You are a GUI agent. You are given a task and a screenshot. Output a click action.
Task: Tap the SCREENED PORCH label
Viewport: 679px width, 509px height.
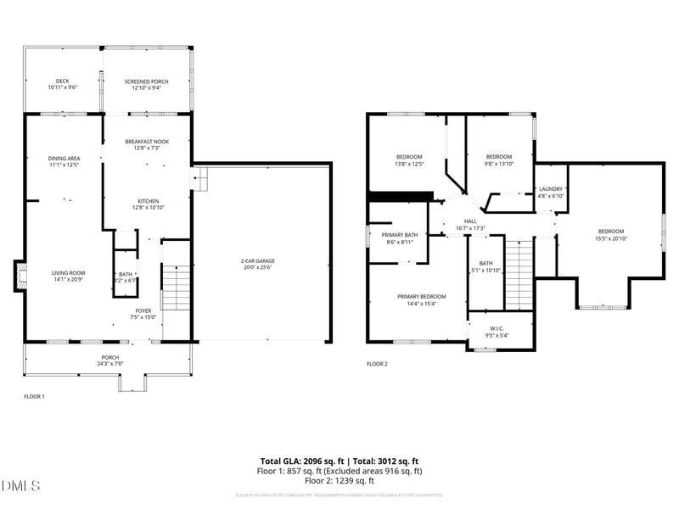146,81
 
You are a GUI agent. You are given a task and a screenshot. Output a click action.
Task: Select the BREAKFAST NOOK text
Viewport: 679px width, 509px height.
146,142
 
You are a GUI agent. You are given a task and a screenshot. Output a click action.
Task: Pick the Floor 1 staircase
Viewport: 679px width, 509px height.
176,288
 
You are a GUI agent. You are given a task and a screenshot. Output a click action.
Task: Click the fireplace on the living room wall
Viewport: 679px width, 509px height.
16,276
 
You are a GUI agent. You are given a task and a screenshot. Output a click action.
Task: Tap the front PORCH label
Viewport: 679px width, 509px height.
109,357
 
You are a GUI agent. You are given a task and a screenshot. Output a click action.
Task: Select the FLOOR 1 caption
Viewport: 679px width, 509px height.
34,396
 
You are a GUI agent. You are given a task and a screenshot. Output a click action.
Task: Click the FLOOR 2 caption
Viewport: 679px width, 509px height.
377,364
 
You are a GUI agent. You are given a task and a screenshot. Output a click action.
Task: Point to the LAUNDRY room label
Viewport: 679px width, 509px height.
551,189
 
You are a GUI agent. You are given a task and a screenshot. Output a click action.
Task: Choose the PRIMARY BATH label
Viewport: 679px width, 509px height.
399,235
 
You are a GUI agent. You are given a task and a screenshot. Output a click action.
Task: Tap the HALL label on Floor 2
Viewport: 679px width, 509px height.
469,221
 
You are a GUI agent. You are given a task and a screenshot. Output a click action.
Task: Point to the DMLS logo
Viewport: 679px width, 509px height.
21,485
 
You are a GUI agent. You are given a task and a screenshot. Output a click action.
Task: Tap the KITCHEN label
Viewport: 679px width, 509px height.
146,201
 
